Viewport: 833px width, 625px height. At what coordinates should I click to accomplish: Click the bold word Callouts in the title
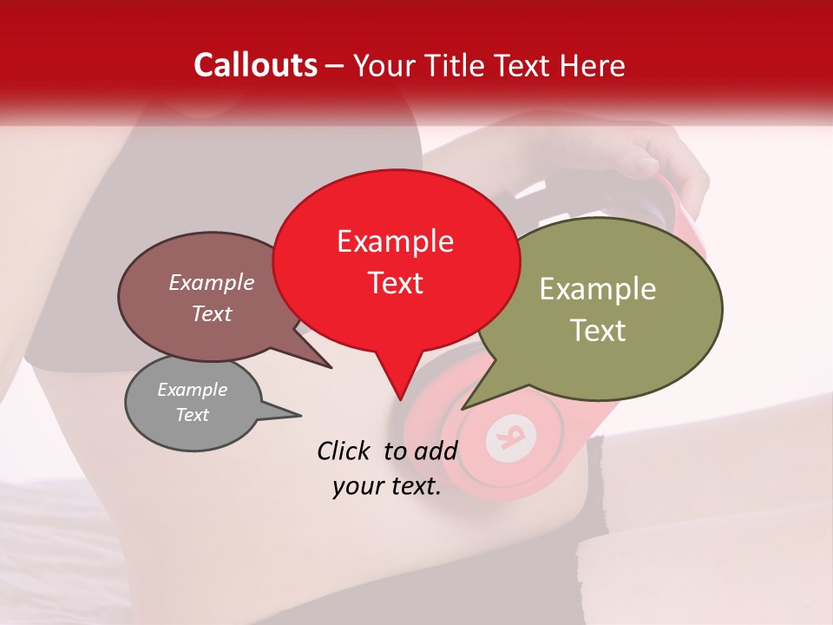click(255, 65)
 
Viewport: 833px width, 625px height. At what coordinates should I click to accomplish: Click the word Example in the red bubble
click(395, 241)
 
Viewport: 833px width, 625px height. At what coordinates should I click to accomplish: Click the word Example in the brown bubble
click(211, 282)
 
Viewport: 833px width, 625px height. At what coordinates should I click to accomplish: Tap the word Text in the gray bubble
click(192, 415)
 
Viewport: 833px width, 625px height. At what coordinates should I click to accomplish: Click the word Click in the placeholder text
click(344, 451)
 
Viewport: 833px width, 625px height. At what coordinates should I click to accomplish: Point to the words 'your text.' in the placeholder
click(386, 486)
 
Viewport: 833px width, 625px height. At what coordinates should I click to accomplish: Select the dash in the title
click(336, 65)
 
